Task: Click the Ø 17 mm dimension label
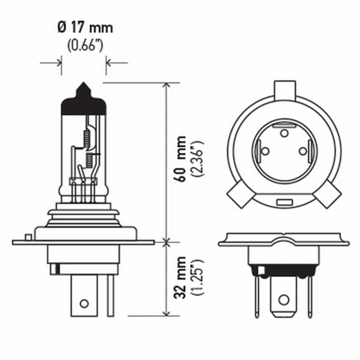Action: (x=85, y=28)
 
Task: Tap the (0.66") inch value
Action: (x=85, y=46)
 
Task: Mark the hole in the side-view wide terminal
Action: (x=84, y=303)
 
